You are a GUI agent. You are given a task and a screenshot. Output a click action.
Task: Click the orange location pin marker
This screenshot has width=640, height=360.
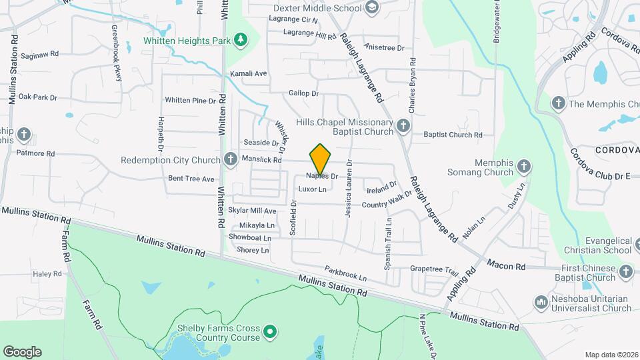click(x=321, y=159)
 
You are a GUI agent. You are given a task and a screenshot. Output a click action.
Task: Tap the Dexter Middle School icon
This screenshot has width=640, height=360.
click(x=373, y=8)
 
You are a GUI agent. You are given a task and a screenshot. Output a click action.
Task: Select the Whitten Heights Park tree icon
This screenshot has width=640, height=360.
click(x=240, y=41)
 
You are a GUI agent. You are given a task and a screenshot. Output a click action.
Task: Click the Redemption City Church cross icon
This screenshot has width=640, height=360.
click(x=230, y=160)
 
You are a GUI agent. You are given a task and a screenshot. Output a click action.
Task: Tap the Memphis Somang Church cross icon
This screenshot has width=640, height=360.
click(x=524, y=166)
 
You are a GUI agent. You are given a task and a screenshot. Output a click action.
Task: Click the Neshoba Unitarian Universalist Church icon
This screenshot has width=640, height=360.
click(x=541, y=303)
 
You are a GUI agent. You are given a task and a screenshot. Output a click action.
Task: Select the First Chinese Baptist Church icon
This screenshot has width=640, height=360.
click(x=625, y=271)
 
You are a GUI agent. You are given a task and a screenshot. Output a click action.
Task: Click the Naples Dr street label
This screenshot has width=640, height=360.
click(x=323, y=176)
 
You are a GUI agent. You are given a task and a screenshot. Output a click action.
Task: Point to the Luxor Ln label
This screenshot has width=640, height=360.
click(x=312, y=189)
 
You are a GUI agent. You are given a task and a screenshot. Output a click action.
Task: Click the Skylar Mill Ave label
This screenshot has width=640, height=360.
click(x=252, y=211)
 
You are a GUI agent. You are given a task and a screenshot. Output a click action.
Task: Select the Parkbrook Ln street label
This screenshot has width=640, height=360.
click(x=346, y=273)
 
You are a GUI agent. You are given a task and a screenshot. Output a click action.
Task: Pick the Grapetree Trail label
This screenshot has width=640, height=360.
click(x=434, y=271)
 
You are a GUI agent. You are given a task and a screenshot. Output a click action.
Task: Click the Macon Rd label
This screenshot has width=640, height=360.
click(x=506, y=266)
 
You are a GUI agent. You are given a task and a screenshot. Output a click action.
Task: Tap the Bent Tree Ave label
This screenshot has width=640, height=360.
click(x=191, y=179)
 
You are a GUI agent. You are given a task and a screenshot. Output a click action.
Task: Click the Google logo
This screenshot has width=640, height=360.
click(x=22, y=351)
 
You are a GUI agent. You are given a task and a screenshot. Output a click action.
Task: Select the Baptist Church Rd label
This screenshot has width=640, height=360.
click(x=453, y=135)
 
